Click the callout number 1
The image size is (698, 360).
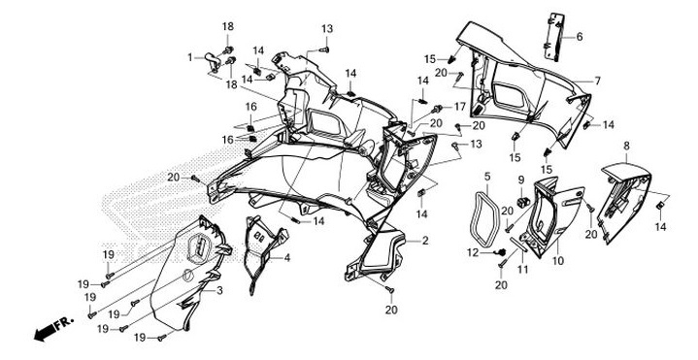(x=191, y=57)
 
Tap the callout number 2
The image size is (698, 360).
(x=424, y=239)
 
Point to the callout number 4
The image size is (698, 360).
(x=286, y=258)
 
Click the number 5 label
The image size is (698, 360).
(x=487, y=177)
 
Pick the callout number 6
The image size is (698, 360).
(x=580, y=37)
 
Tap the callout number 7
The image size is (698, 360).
(x=598, y=81)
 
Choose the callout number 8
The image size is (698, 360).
(x=626, y=146)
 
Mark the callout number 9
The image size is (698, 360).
(x=519, y=180)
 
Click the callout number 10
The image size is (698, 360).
(x=557, y=262)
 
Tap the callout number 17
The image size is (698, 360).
(x=460, y=106)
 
